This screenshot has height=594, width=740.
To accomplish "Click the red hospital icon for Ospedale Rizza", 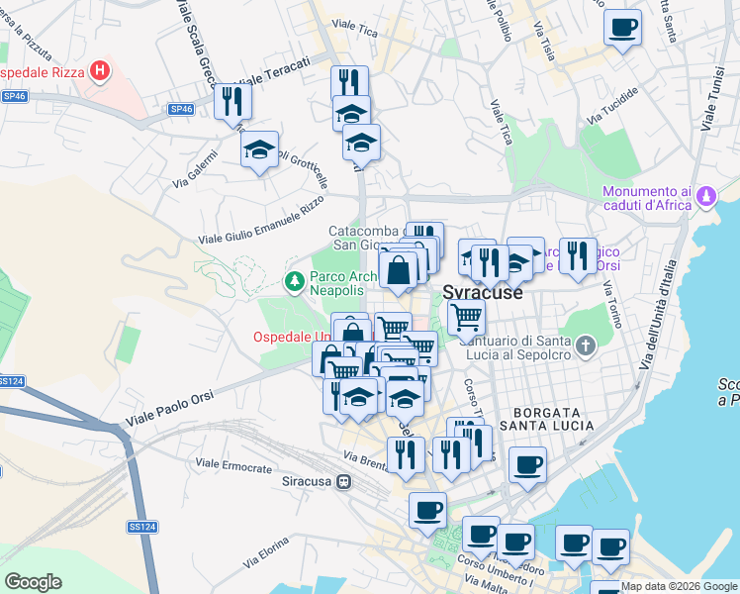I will [x=99, y=70].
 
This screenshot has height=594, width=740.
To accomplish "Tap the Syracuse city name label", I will [x=482, y=293].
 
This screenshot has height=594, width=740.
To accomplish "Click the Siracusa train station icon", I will [x=343, y=482].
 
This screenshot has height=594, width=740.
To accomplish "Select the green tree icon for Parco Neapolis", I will [x=294, y=282].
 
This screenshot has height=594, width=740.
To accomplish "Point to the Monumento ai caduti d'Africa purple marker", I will [x=705, y=196].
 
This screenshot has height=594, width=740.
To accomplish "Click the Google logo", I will [x=33, y=582].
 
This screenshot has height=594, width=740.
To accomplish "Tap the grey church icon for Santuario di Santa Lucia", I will [x=586, y=346].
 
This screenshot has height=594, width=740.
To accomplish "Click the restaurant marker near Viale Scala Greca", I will [x=232, y=101].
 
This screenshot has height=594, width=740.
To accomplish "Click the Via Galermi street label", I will [x=194, y=176].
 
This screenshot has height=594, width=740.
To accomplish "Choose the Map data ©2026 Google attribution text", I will [x=679, y=586].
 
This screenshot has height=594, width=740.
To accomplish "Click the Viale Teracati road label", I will [x=274, y=69].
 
